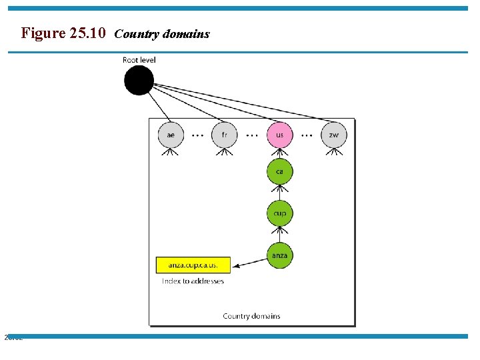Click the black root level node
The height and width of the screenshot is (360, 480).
pos(139,81)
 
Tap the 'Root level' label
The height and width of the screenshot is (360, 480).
pos(139,60)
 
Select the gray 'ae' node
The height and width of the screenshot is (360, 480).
pos(171,135)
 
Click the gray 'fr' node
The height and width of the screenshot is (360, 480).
pos(225,135)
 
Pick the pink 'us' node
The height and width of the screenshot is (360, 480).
pos(279,135)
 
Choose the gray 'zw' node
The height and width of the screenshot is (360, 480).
pos(333,135)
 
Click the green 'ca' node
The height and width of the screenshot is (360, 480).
pos(279,171)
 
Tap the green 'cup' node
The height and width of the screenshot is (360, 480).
pos(279,213)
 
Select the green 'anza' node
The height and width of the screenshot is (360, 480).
pos(279,255)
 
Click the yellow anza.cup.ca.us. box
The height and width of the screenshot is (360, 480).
pos(193,265)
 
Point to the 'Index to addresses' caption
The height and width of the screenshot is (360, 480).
pos(193,281)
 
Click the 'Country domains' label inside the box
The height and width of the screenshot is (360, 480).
pos(251,316)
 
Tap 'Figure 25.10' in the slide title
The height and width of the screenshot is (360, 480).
pos(63,33)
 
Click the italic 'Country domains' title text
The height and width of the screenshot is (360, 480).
pos(162,33)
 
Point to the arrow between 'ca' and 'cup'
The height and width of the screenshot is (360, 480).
pos(279,192)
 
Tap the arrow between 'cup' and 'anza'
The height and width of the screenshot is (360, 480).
pos(279,234)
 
